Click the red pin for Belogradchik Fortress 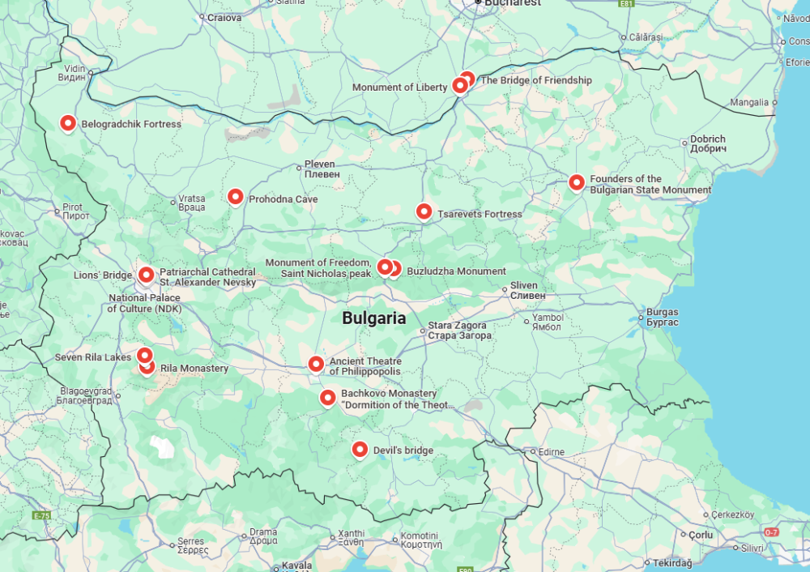[x=68, y=123]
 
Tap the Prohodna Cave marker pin [x=235, y=196]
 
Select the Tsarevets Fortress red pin [x=424, y=211]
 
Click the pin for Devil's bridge [x=360, y=449]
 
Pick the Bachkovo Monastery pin [x=327, y=397]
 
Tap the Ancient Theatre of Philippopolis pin [x=316, y=364]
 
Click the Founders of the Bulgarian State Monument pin [x=576, y=182]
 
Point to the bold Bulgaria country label [x=373, y=318]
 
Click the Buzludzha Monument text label [x=456, y=271]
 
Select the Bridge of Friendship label [x=536, y=80]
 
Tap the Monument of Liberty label [x=399, y=88]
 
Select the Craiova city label [x=224, y=17]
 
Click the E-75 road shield [x=42, y=515]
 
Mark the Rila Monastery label [x=194, y=369]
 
